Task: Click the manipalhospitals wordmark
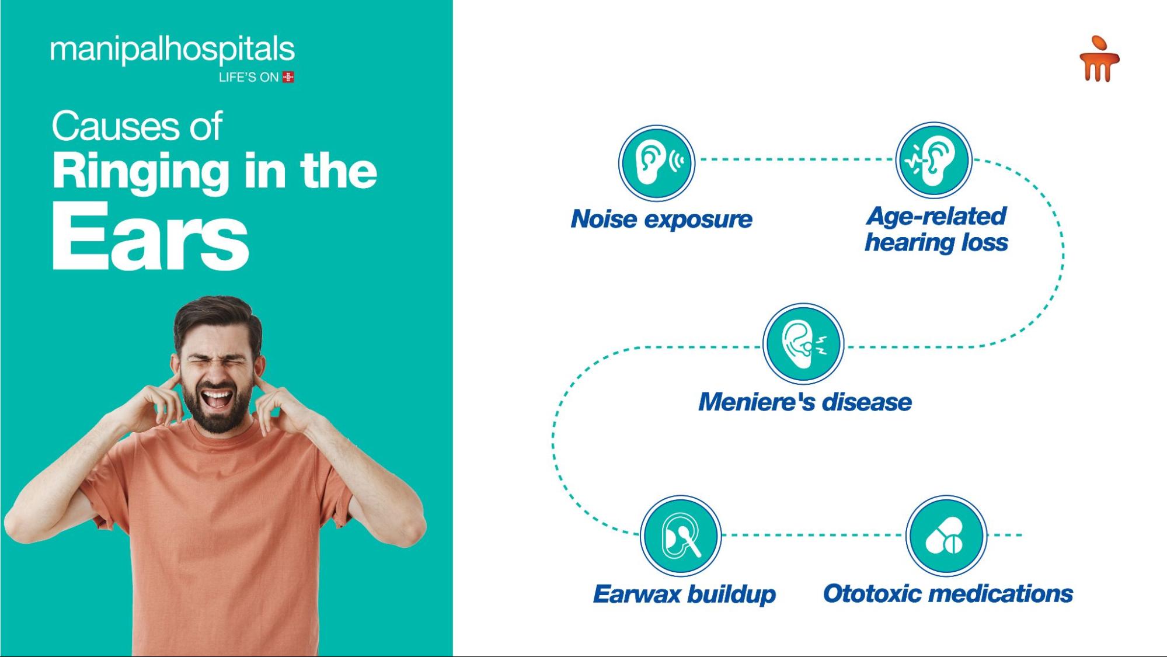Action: tap(172, 50)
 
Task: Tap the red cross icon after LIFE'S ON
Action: tap(288, 77)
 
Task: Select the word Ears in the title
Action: tap(150, 237)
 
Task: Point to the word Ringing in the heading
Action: tap(141, 172)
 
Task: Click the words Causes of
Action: tap(137, 126)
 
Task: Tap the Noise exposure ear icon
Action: tap(657, 162)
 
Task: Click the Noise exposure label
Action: tap(661, 219)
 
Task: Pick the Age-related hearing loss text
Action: tap(936, 229)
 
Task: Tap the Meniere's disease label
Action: tap(805, 402)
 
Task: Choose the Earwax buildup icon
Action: tap(681, 536)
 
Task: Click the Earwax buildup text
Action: tap(684, 594)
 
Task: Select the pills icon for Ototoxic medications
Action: tap(946, 536)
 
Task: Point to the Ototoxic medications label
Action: tap(948, 593)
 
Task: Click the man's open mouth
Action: tap(217, 399)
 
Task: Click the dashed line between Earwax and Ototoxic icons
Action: tap(814, 535)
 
